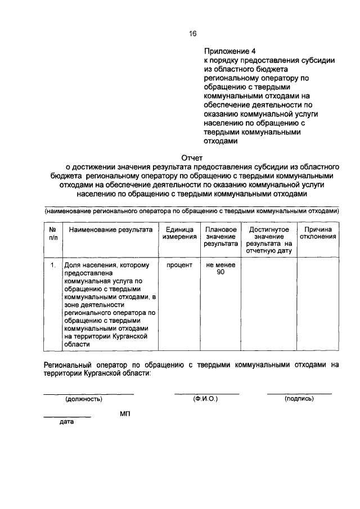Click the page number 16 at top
click(192, 34)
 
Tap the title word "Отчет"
click(191, 157)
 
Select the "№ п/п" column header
click(52, 233)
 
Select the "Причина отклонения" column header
click(318, 233)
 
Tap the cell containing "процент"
click(179, 265)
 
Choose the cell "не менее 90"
click(220, 268)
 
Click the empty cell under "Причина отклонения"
click(318, 304)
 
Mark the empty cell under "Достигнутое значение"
click(268, 304)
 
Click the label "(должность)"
click(83, 399)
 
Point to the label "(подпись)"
click(299, 399)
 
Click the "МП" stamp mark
click(125, 414)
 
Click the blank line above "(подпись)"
click(299, 393)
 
